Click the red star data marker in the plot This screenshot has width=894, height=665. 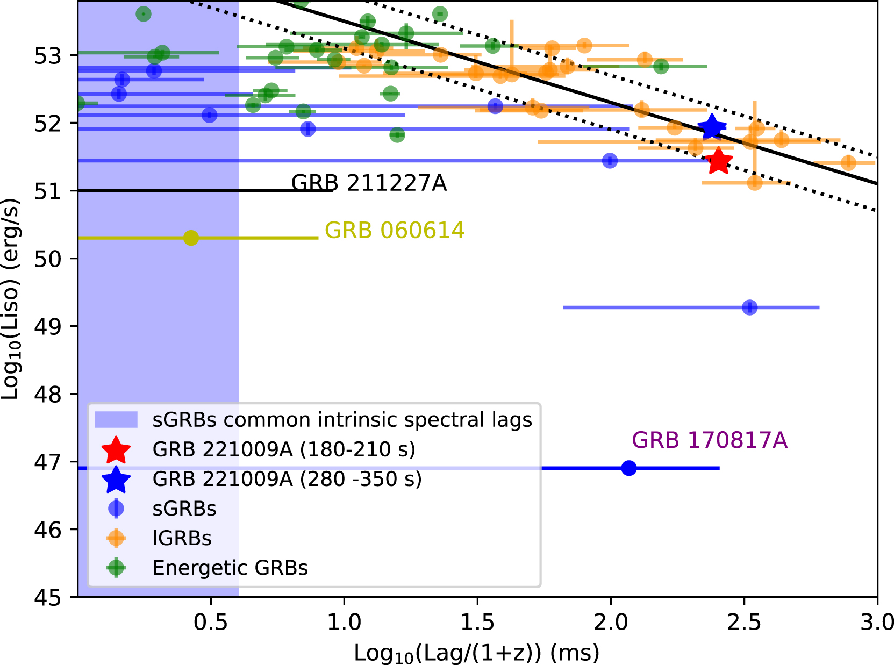pyautogui.click(x=718, y=161)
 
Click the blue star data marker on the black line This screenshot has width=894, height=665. pyautogui.click(x=712, y=127)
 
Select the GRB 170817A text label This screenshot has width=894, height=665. pyautogui.click(x=709, y=440)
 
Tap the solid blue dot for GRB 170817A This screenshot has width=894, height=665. pyautogui.click(x=628, y=468)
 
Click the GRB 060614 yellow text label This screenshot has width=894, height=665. pyautogui.click(x=394, y=231)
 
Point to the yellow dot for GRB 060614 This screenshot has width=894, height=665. pyautogui.click(x=191, y=238)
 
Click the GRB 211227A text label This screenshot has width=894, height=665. pyautogui.click(x=369, y=183)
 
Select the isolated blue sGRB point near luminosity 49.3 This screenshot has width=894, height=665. pyautogui.click(x=749, y=308)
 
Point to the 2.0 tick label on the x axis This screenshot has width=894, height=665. pyautogui.click(x=611, y=623)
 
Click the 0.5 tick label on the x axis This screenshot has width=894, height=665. pyautogui.click(x=211, y=623)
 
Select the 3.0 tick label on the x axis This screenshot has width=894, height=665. pyautogui.click(x=877, y=623)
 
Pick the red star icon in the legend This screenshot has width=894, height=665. pyautogui.click(x=116, y=450)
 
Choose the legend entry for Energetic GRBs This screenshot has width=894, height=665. pyautogui.click(x=230, y=568)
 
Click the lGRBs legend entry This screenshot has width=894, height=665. pyautogui.click(x=182, y=538)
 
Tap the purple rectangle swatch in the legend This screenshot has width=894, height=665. pyautogui.click(x=116, y=420)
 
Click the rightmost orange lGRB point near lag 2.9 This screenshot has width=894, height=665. pyautogui.click(x=848, y=162)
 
